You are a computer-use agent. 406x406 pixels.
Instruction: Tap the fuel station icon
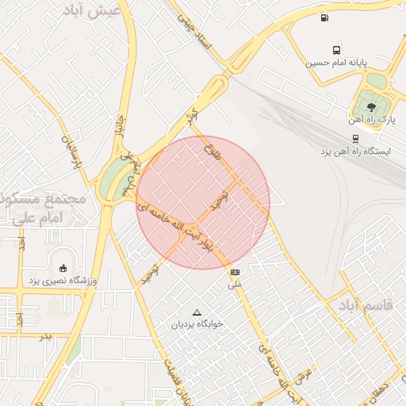(324, 17)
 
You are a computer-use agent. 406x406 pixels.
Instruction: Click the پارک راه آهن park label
(371, 120)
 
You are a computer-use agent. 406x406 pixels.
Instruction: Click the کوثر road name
(190, 115)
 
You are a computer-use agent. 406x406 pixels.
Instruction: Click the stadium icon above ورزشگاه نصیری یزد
(63, 267)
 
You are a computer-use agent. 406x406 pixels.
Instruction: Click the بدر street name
(45, 336)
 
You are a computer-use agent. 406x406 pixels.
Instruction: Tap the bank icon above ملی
(235, 272)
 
